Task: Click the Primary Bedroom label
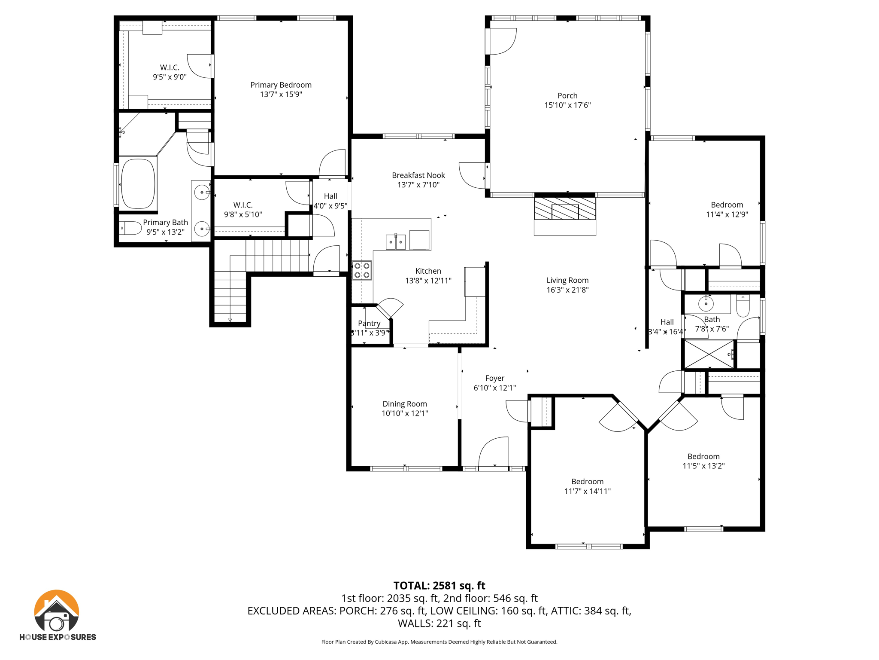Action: (x=281, y=85)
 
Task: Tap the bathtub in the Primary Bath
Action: (x=138, y=184)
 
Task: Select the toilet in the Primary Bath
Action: (x=130, y=228)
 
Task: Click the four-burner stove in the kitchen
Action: (x=362, y=270)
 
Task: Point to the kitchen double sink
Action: (x=395, y=242)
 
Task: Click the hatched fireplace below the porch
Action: (x=565, y=208)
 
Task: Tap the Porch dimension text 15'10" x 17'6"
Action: (x=567, y=105)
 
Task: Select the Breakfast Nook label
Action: (x=418, y=175)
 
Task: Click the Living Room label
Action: (x=567, y=280)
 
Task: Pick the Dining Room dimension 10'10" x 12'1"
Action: (x=405, y=413)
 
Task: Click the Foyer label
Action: (x=494, y=378)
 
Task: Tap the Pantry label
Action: (x=369, y=324)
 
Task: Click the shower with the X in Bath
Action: (x=709, y=354)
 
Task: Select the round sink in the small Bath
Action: (x=706, y=304)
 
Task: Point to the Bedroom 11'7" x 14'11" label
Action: (x=587, y=482)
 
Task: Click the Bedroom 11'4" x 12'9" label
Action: (x=727, y=205)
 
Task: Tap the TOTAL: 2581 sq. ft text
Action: (x=439, y=586)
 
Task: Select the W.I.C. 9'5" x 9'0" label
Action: (x=170, y=68)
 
